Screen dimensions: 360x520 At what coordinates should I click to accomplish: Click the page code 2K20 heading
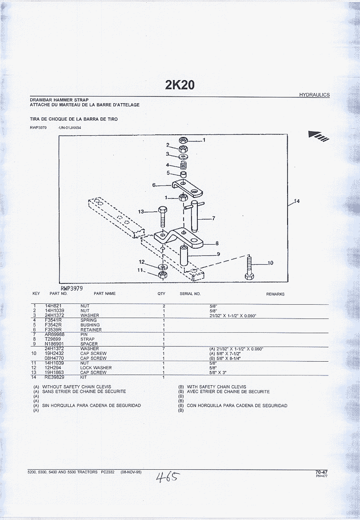180,85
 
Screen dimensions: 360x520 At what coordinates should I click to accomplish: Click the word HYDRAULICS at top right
314,95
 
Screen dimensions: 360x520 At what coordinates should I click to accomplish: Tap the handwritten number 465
168,478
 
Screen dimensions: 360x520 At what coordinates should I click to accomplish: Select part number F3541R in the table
53,320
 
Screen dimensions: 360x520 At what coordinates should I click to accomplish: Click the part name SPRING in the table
88,320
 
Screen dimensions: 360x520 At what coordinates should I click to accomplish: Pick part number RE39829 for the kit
54,377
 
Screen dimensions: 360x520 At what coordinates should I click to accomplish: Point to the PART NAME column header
105,294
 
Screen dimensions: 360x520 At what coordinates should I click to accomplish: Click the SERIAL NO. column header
190,294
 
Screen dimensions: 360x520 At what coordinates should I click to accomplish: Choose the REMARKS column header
275,294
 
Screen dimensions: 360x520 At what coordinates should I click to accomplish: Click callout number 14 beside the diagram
297,201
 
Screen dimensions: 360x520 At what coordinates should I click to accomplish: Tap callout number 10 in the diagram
270,263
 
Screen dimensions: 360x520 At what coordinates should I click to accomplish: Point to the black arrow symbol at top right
319,136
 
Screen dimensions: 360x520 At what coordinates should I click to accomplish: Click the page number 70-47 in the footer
321,472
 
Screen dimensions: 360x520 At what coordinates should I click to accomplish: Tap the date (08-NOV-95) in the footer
131,472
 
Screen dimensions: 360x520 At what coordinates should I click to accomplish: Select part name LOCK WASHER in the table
96,368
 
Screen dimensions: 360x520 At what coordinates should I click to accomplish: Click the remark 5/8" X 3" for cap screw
218,373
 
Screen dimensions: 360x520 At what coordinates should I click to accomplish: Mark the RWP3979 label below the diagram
72,289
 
